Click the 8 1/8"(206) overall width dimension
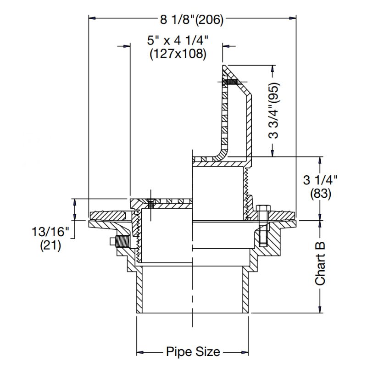point(191,19)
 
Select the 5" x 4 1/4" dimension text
point(178,40)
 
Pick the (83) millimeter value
point(320,194)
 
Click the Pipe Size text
point(193,352)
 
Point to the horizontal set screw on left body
point(120,240)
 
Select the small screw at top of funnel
point(229,82)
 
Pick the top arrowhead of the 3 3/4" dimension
point(274,67)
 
